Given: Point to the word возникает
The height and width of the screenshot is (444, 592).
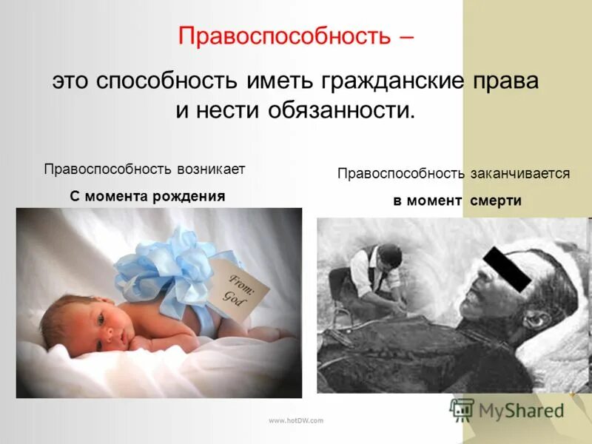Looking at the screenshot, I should [x=210, y=169].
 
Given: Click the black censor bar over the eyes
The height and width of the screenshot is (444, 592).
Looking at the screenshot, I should [x=507, y=268].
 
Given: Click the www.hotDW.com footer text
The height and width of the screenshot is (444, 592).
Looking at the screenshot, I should [x=296, y=420].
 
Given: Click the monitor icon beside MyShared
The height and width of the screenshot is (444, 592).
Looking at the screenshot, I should [x=462, y=409].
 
